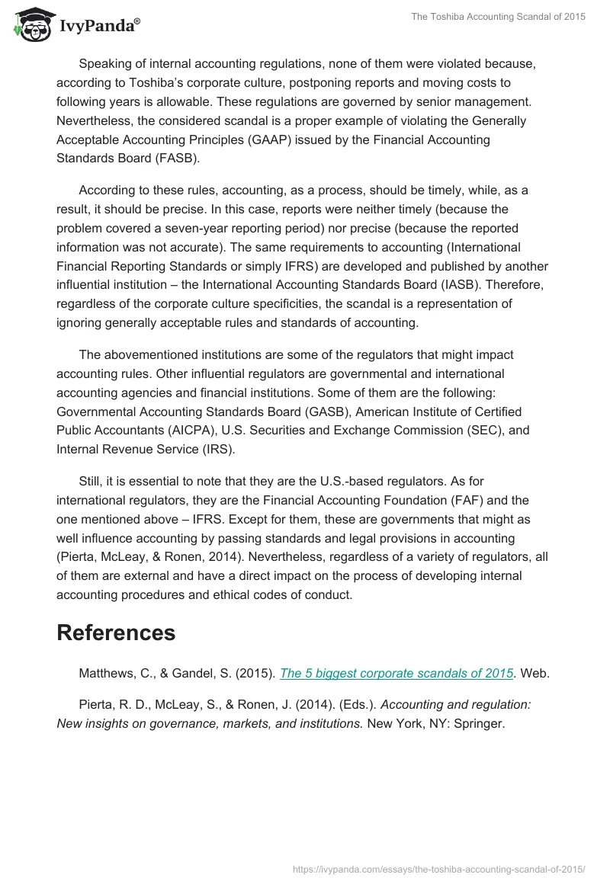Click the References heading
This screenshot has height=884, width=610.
(116, 633)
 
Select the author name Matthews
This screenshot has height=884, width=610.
(108, 674)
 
